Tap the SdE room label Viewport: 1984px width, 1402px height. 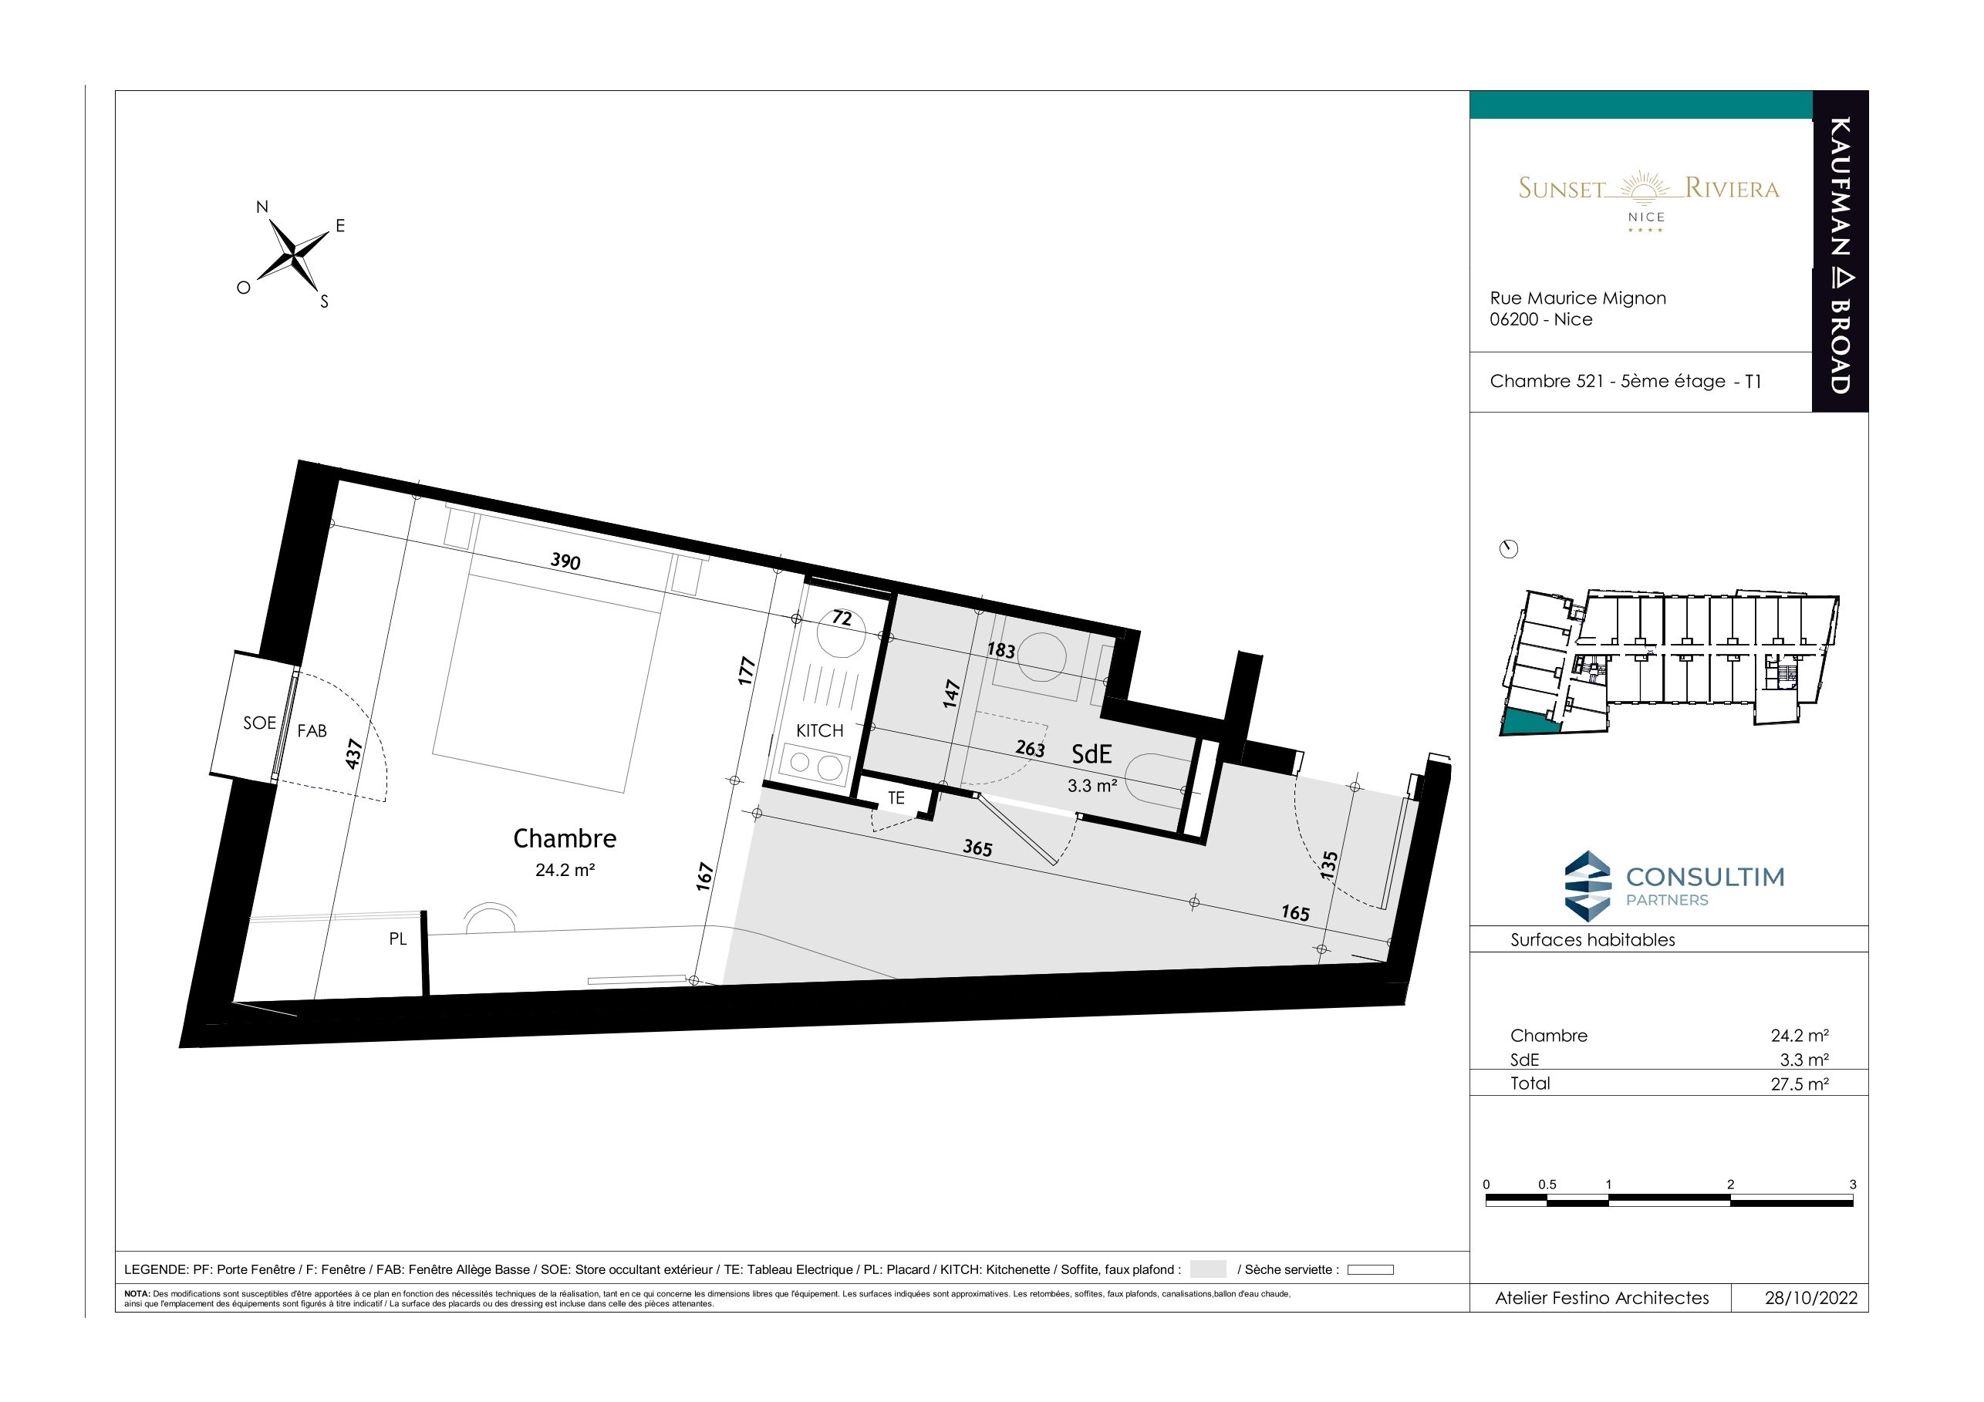click(x=1092, y=754)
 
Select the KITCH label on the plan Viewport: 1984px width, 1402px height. click(x=819, y=731)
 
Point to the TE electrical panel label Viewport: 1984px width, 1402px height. click(x=896, y=798)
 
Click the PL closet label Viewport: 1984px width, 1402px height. click(x=397, y=939)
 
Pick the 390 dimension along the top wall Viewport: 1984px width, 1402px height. click(x=565, y=561)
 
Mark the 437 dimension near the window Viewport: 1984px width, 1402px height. click(x=353, y=754)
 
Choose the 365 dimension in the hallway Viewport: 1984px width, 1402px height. click(x=977, y=848)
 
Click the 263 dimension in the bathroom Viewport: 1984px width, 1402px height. click(x=1030, y=748)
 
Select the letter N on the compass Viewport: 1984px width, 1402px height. click(x=261, y=207)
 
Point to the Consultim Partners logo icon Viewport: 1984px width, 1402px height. click(x=1588, y=884)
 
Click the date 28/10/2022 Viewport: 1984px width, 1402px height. click(x=1810, y=1299)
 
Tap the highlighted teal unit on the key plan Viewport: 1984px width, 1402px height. click(x=1528, y=721)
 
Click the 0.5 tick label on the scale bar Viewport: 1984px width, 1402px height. click(x=1547, y=1185)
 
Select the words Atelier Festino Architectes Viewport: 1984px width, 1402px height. click(x=1602, y=1299)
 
